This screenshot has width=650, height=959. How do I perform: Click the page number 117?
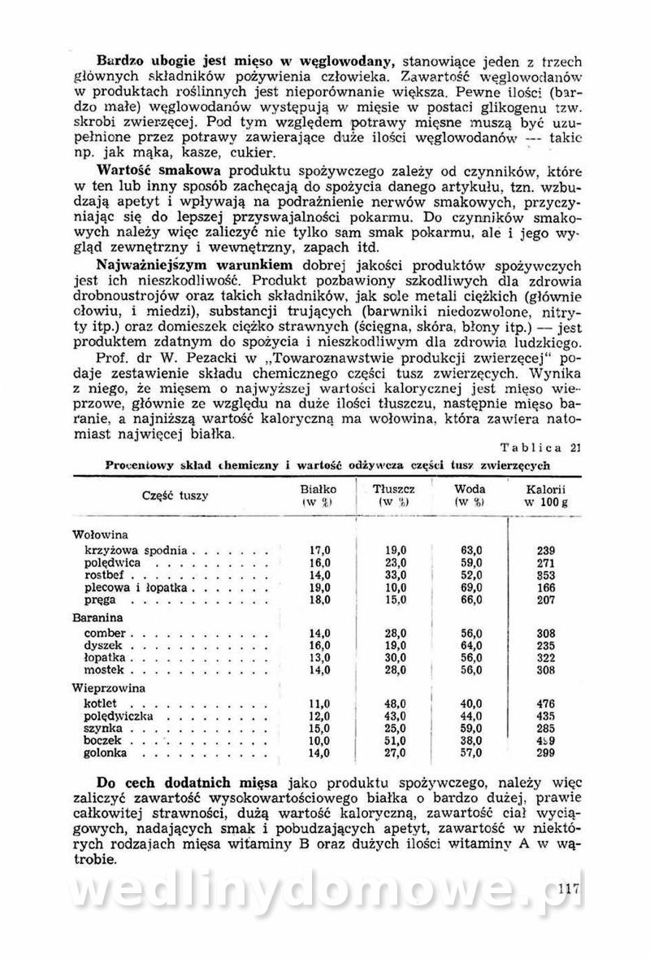coord(569,889)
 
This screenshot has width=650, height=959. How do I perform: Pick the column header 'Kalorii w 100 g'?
coord(545,495)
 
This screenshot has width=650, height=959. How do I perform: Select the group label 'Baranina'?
coord(97,617)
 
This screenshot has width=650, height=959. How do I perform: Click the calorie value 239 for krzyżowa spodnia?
coord(545,550)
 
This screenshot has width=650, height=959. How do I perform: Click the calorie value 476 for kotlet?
coord(545,703)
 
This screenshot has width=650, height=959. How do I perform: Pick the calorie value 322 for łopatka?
coord(545,658)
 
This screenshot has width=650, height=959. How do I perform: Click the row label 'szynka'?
coord(101,728)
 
